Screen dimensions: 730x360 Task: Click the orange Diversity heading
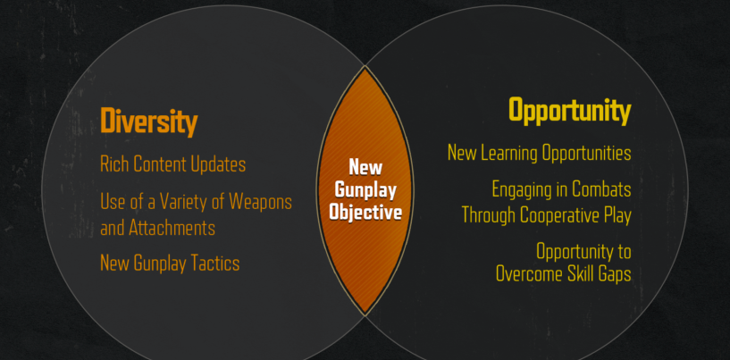tap(149, 121)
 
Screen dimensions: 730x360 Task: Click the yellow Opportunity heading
tap(569, 112)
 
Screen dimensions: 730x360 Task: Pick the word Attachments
tap(172, 229)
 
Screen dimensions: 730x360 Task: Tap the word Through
tap(489, 215)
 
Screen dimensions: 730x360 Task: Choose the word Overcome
tap(525, 274)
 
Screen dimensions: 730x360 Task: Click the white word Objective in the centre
tap(365, 213)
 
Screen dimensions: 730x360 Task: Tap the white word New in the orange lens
tap(365, 167)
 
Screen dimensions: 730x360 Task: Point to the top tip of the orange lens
tap(365, 66)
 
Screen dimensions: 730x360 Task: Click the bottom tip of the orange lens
tap(365, 314)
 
